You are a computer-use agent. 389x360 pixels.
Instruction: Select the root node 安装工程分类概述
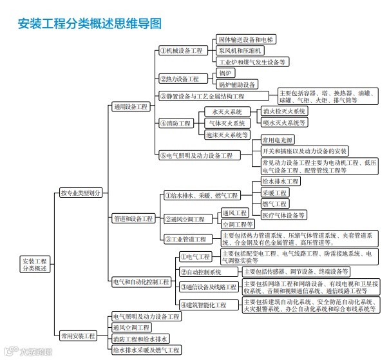click(x=35, y=265)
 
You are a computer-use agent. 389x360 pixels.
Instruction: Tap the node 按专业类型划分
click(x=81, y=193)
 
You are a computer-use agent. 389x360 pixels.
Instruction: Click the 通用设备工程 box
click(x=130, y=106)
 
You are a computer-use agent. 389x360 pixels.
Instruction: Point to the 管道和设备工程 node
click(x=133, y=218)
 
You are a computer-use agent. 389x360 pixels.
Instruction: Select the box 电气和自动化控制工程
click(x=141, y=281)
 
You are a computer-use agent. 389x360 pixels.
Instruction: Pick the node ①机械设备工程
click(x=181, y=50)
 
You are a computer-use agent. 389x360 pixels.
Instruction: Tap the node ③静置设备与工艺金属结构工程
click(x=202, y=96)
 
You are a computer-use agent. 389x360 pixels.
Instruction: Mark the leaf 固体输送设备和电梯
click(x=245, y=39)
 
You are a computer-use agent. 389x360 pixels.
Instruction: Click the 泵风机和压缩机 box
click(x=240, y=50)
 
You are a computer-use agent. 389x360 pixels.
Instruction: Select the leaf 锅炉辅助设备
click(x=237, y=84)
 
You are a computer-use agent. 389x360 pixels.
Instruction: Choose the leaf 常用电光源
click(x=277, y=140)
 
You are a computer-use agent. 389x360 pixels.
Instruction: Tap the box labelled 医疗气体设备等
click(x=283, y=214)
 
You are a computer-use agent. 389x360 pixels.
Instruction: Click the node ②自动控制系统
click(x=200, y=272)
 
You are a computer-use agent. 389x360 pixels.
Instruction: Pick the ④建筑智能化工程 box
click(x=203, y=305)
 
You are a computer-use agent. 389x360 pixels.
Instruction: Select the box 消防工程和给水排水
click(x=140, y=338)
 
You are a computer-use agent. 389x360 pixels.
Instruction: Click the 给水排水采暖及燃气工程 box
click(x=145, y=350)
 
